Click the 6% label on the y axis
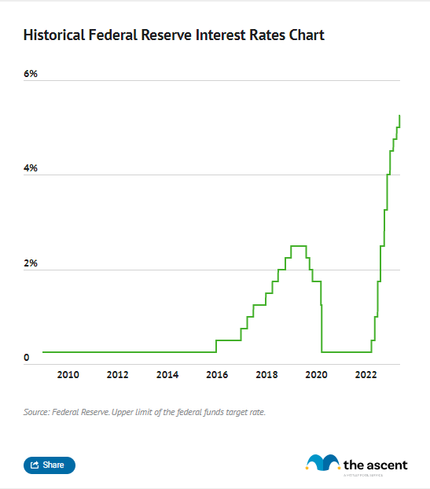coord(31,74)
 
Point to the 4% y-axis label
coord(31,169)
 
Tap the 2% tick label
coord(31,263)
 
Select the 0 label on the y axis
coord(26,358)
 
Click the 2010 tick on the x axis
coord(68,375)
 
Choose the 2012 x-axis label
coord(117,375)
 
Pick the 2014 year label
coord(167,375)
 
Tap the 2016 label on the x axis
coord(217,375)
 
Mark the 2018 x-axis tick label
coord(266,375)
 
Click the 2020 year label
coord(317,375)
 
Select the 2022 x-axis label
coord(366,375)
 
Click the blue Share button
coord(50,465)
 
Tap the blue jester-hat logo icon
coord(322,463)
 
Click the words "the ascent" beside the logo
coord(376,464)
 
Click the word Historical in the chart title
coord(56,35)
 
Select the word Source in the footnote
coord(36,411)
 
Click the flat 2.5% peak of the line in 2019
coord(298,246)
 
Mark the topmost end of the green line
coord(399,116)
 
